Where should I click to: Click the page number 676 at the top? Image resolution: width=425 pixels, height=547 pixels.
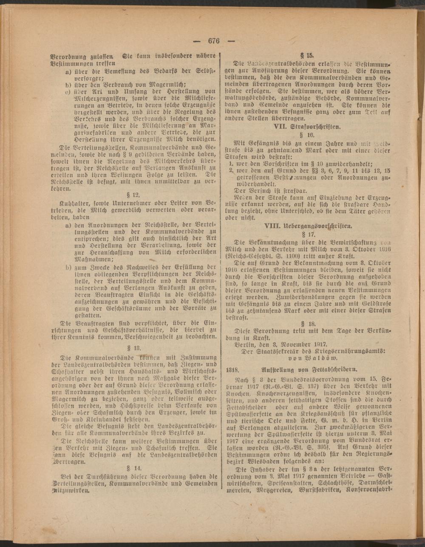213,41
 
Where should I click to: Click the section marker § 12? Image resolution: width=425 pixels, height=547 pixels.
133,194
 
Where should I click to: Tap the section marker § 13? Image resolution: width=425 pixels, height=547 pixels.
133,348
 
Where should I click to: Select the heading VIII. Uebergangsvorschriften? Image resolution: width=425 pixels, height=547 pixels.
310,226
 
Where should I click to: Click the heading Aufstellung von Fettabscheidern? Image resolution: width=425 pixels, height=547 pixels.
315,369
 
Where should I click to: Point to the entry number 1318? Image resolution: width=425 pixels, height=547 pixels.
235,369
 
